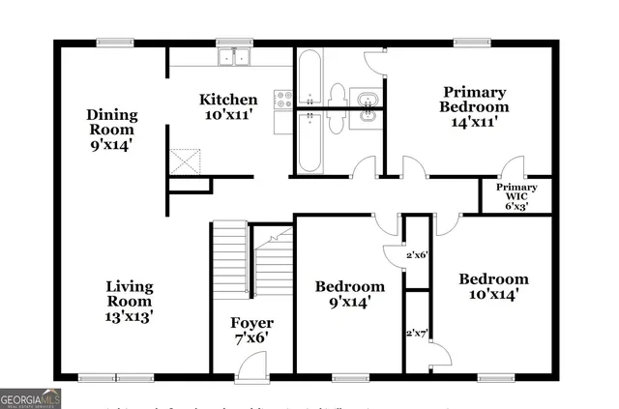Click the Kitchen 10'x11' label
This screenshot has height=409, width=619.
coord(228,106)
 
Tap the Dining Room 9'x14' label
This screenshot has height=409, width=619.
coord(114,130)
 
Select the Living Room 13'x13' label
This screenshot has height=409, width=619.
coord(129,301)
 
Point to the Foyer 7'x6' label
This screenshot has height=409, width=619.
coord(251,331)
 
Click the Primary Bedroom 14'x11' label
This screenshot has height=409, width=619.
coord(474,106)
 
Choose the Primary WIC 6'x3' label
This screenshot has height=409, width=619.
coord(516,195)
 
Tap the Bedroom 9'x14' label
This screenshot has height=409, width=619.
coord(350,294)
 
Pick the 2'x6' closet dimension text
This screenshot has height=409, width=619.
coord(417,255)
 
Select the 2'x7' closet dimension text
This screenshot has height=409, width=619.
coord(417,333)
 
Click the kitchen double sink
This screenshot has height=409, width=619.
coord(233,57)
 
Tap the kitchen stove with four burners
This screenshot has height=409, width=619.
coord(284,99)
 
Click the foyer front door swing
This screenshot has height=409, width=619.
coord(251,365)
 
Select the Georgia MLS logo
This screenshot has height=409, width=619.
coord(31,397)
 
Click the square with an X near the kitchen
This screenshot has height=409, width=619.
coord(183,161)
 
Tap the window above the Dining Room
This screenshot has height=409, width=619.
coord(115,43)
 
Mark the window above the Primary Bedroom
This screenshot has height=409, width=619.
coord(471,43)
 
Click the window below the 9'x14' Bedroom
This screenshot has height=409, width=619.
coord(349,377)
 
